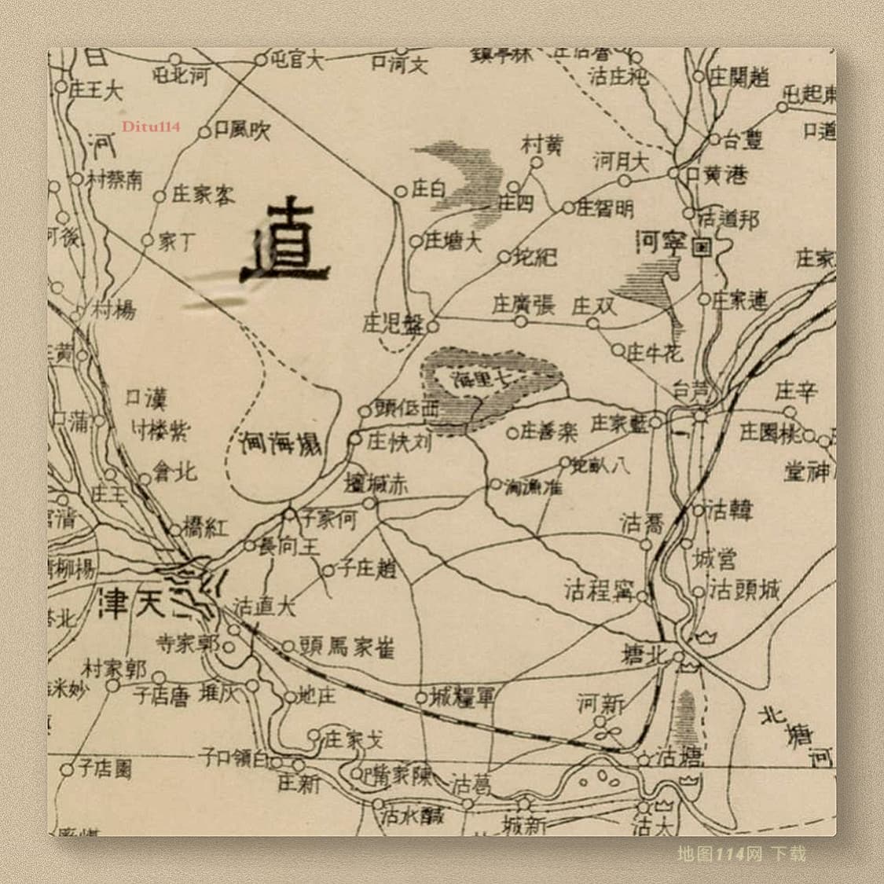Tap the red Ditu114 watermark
tap(151, 126)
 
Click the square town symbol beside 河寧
tap(702, 246)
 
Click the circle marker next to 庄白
tap(400, 190)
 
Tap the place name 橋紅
tap(205, 527)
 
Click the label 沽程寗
tap(599, 589)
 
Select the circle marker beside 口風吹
tap(204, 133)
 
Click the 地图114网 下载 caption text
tap(742, 853)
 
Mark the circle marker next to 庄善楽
tap(512, 431)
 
